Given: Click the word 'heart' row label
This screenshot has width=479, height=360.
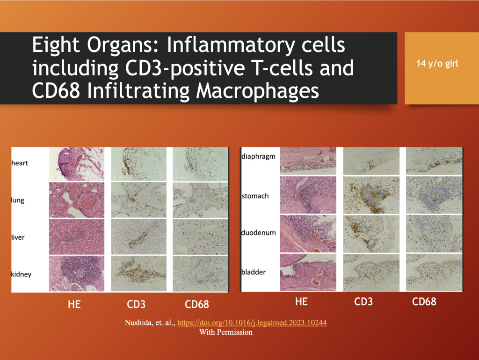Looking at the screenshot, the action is coord(20,163).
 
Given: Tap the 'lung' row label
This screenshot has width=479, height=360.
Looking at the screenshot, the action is coord(18,200).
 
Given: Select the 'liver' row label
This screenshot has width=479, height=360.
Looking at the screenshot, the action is coord(18,237).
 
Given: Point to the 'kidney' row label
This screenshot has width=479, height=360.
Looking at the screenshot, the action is coord(22,274).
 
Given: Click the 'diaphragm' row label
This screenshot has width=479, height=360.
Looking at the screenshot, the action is coord(258,157).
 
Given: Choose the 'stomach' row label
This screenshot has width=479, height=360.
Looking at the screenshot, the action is coord(255,196).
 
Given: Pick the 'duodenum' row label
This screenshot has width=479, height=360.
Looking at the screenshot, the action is coord(258,233).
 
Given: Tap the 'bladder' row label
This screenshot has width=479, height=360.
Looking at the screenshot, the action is coord(253,272).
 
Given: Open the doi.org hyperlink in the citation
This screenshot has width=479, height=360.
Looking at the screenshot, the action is coord(252,323).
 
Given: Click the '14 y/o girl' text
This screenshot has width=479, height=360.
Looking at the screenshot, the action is coord(437,64).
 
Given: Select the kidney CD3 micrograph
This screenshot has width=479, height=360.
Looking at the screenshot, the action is coord(138,273).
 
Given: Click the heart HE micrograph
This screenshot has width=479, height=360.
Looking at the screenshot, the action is coord(77,164).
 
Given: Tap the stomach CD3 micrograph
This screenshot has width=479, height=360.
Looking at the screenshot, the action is coord(371,195).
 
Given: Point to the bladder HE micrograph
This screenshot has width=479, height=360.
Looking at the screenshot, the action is coord(308,272).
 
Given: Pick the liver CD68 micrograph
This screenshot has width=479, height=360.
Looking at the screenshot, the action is coord(200,237).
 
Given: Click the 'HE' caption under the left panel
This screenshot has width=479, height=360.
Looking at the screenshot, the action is coord(74,304).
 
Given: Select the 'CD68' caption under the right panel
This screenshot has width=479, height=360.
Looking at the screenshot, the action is coord(424,302).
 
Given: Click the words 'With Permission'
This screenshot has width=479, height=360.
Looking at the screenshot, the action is coord(226,332).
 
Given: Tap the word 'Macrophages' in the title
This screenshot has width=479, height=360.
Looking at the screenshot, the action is coord(258,91).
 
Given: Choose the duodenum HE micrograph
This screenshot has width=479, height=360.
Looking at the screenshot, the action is coord(308,234).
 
